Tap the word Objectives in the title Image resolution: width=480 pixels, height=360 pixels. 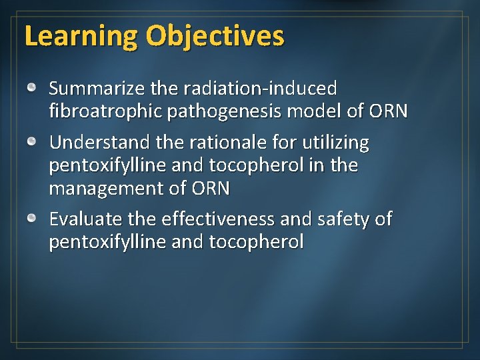coord(215,37)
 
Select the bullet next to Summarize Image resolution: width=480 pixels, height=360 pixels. coord(32,88)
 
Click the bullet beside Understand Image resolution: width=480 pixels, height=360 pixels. coord(32,143)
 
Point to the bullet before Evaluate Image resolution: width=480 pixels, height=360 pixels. coord(32,219)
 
